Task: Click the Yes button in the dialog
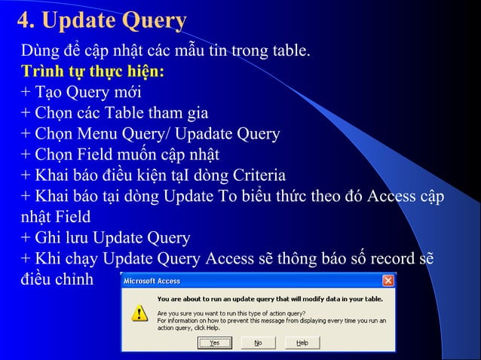pos(214,343)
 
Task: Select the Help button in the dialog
pos(302,343)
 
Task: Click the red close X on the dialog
pos(388,280)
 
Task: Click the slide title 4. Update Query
pos(102,21)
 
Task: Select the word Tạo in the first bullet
pos(47,93)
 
